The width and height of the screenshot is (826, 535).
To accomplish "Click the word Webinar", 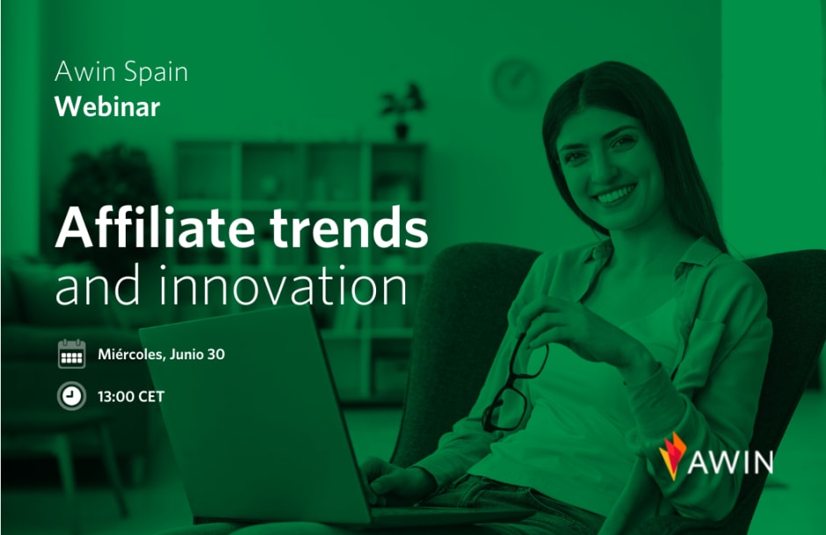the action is (x=107, y=106).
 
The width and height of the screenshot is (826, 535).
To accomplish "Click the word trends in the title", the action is (x=349, y=228).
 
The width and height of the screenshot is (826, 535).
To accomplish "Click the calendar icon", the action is (x=72, y=354).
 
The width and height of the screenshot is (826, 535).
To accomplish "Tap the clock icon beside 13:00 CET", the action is (x=72, y=396).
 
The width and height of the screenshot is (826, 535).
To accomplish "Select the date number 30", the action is (x=216, y=354).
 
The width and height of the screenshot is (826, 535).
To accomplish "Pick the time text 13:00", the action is (x=116, y=396).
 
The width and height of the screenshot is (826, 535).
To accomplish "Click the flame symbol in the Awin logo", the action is (x=672, y=456).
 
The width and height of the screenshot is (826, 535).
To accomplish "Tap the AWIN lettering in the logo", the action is (x=730, y=462).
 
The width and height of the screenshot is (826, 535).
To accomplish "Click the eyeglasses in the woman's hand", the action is (x=515, y=383).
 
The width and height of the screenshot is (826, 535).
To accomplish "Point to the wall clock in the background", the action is (x=516, y=83).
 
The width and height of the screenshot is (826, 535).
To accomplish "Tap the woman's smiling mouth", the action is (x=613, y=195).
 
